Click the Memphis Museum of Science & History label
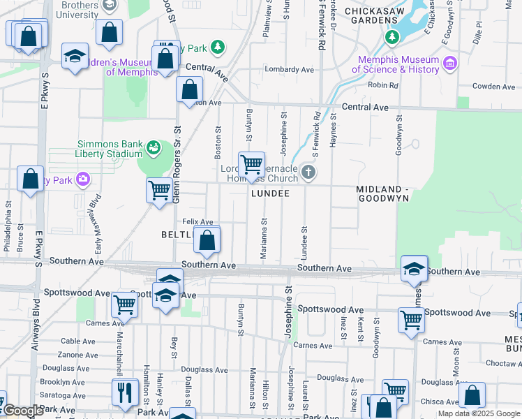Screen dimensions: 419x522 click(395, 64)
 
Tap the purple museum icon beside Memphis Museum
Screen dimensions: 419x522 click(449, 64)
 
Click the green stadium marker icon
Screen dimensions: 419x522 click(151, 147)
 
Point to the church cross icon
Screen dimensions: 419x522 click(308, 172)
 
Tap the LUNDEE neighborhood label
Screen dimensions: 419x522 click(270, 193)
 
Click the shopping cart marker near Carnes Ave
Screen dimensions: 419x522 click(124, 304)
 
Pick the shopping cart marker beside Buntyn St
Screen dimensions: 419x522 click(251, 165)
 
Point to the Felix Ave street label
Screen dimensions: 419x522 click(197, 221)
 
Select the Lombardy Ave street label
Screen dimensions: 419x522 click(290, 70)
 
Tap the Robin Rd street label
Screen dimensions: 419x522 click(382, 85)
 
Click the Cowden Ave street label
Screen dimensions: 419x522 click(493, 87)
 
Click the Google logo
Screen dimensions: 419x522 click(23, 411)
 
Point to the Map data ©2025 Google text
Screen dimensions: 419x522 click(479, 413)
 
